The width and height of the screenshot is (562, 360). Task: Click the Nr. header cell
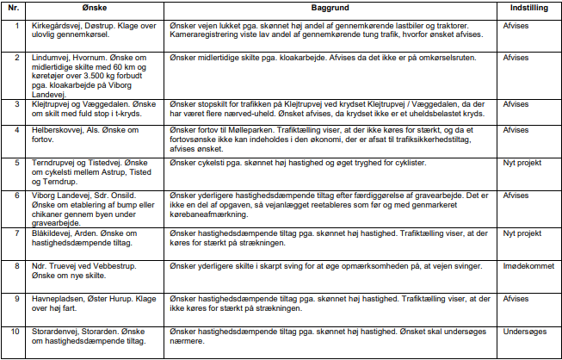[x=15, y=7]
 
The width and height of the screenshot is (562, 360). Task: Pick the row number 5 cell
[x=15, y=162]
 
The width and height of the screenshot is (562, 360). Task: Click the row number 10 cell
[x=15, y=330]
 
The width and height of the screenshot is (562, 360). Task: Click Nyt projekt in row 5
[x=522, y=162]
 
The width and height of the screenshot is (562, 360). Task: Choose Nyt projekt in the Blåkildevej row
[x=522, y=233]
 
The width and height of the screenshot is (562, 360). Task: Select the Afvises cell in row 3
[x=516, y=104]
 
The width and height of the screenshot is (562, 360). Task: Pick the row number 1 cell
[x=15, y=23]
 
